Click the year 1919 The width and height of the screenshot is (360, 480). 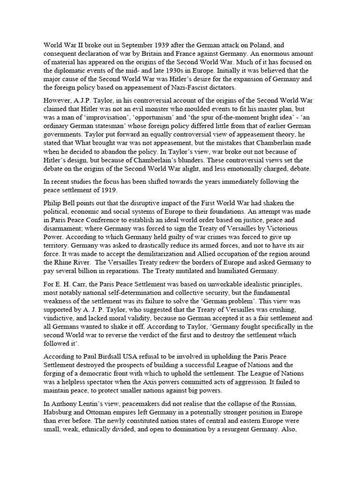[x=123, y=190]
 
